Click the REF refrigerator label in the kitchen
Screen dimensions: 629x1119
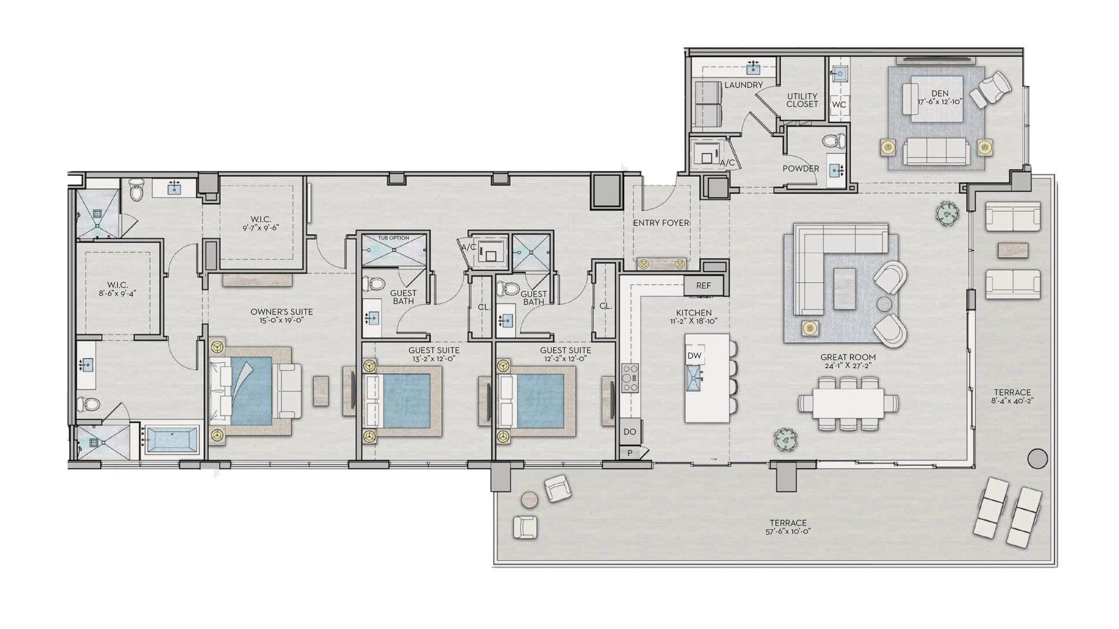(x=704, y=286)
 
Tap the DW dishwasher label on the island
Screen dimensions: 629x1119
(x=694, y=356)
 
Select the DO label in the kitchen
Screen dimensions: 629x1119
(x=629, y=432)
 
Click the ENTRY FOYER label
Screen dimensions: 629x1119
(x=661, y=223)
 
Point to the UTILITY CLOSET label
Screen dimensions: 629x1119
(x=802, y=100)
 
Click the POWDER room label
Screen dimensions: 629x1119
(x=800, y=169)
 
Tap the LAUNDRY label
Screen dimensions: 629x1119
(x=743, y=85)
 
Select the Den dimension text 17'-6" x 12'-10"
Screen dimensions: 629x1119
(x=940, y=102)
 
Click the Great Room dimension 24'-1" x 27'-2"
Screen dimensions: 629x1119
(x=847, y=365)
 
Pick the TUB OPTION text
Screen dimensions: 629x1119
(x=393, y=238)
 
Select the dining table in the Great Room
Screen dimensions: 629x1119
(x=847, y=403)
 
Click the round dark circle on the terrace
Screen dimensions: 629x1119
(x=1037, y=459)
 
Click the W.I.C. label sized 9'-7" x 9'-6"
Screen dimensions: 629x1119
(x=261, y=223)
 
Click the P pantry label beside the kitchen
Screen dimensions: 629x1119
(x=629, y=453)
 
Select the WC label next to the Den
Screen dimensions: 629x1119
(x=839, y=104)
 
